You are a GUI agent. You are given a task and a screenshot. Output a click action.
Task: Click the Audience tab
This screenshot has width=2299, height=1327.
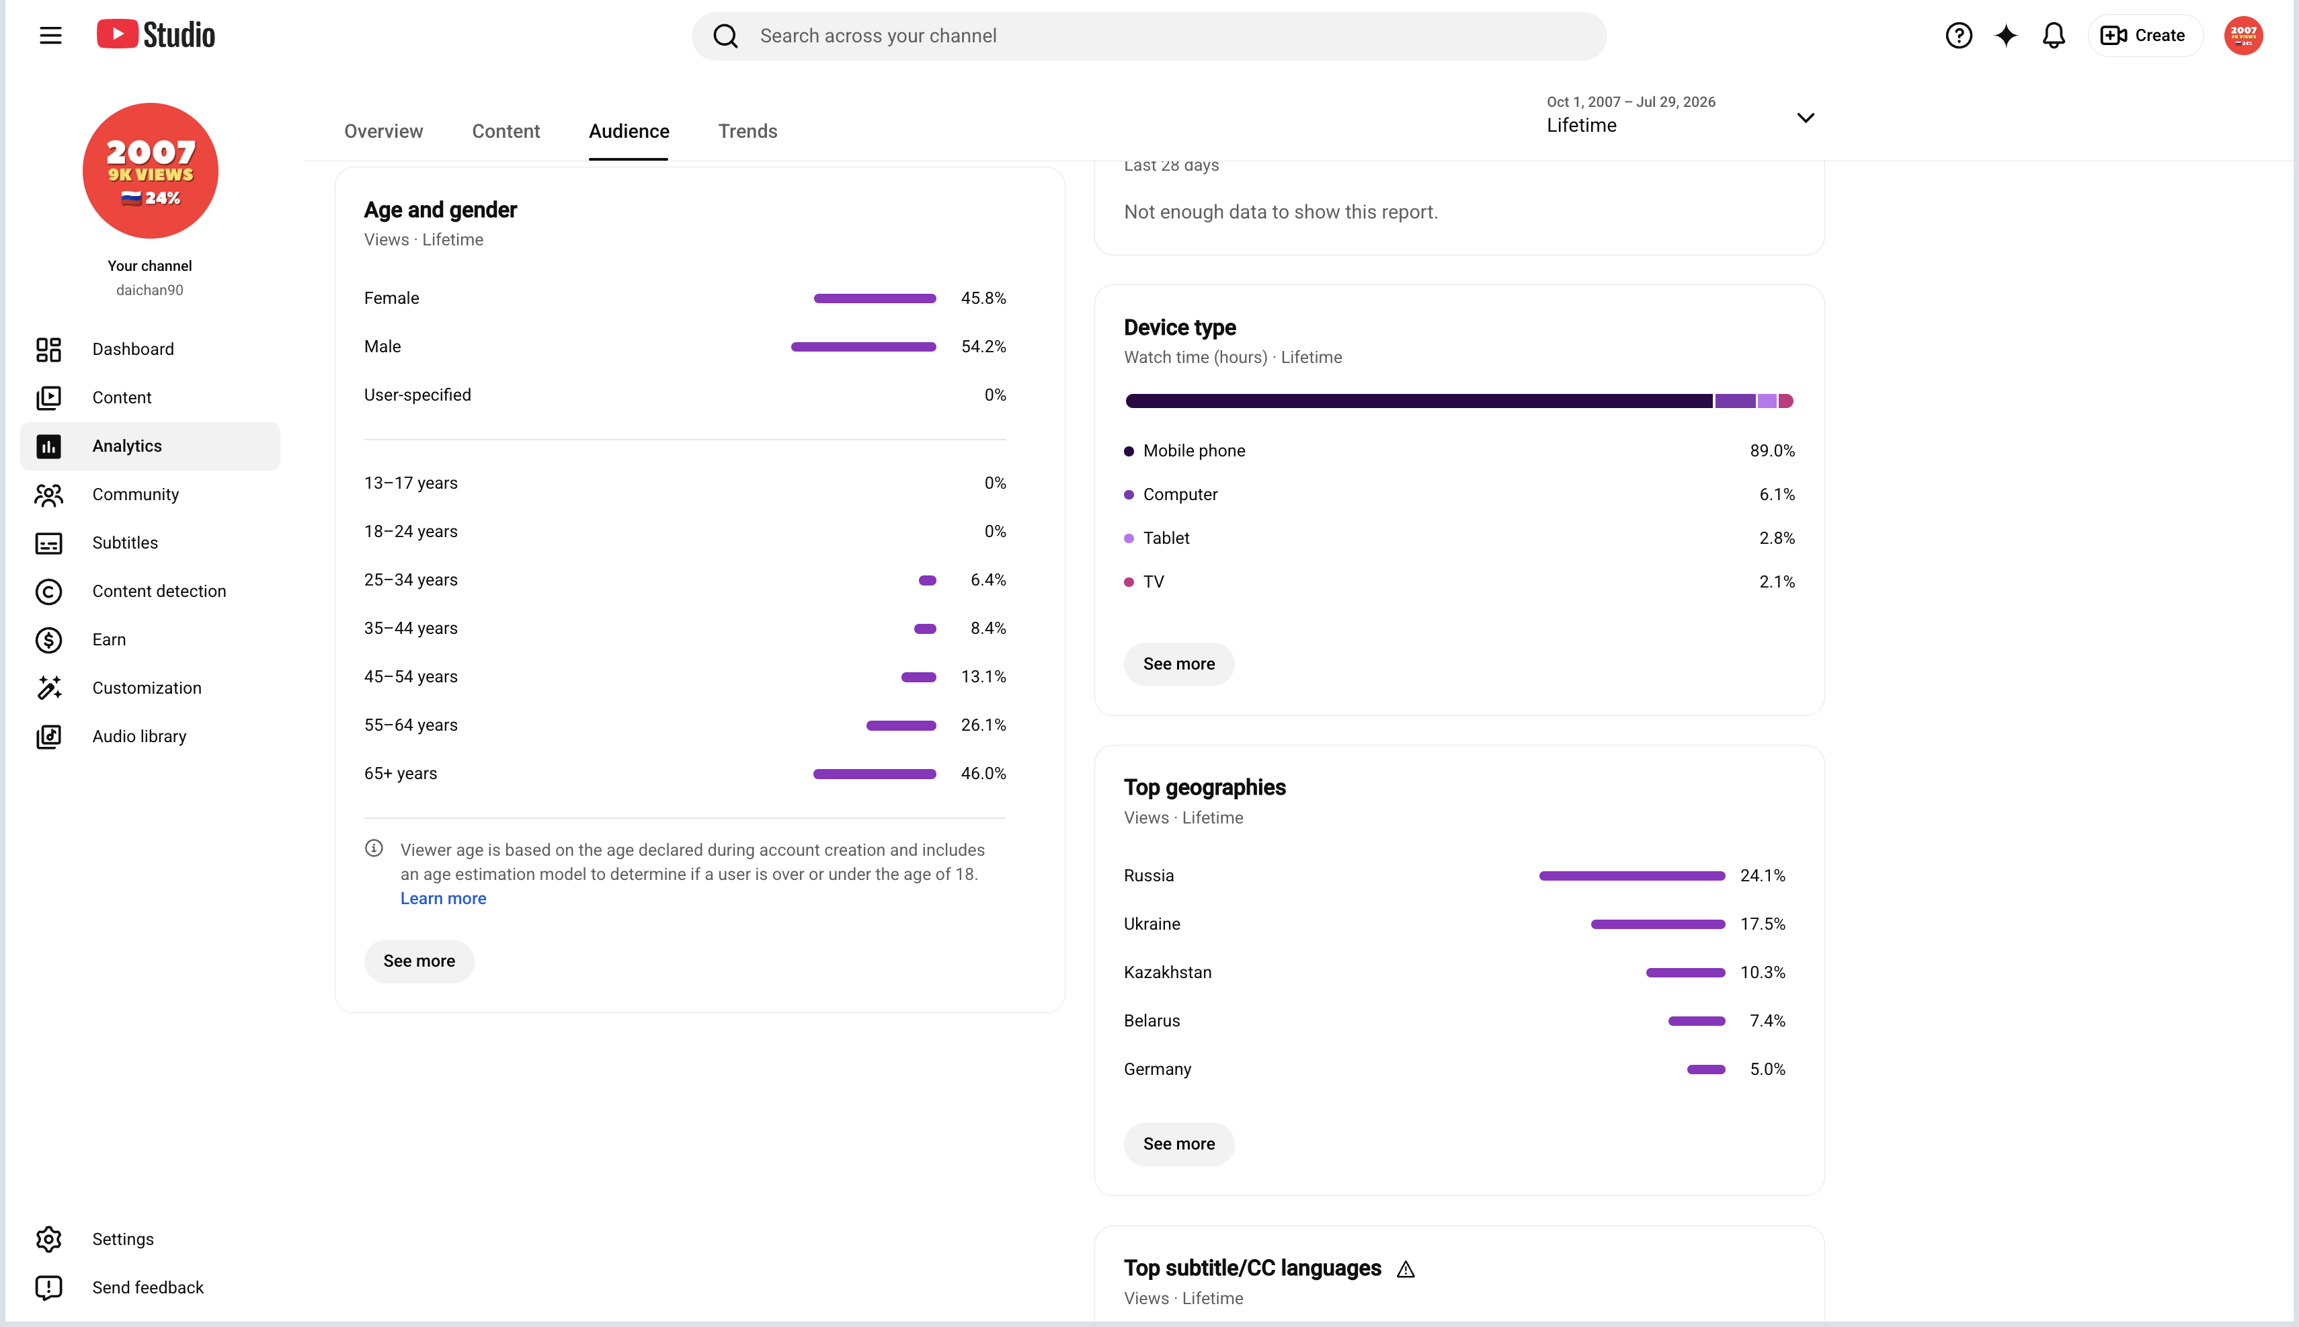point(629,131)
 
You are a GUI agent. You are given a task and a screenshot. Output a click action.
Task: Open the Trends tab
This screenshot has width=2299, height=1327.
point(748,131)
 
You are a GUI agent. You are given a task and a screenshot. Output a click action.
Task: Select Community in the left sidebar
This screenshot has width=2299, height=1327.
point(135,494)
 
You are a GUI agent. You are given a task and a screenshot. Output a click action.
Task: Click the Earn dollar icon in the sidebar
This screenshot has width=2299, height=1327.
point(49,640)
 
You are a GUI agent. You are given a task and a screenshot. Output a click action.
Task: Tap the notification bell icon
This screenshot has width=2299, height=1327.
point(2053,36)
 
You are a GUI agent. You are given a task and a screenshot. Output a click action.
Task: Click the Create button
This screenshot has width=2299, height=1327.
point(2144,36)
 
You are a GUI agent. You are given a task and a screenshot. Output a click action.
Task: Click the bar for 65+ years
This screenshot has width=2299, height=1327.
point(875,774)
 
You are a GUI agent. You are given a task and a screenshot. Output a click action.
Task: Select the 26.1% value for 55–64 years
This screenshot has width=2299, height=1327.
point(983,725)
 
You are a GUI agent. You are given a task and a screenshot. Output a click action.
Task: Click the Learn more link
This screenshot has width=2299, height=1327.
point(444,899)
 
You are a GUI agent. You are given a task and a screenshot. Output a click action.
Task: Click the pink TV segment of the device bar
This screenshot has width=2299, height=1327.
point(1786,401)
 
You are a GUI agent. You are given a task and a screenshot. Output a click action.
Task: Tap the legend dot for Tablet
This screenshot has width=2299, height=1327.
point(1129,538)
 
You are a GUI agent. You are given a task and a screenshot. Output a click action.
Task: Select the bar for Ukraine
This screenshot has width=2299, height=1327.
point(1658,924)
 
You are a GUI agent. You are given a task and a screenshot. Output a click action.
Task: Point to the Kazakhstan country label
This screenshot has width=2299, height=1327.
point(1167,973)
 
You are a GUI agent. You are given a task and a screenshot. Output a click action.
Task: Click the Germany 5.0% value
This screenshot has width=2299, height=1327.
point(1767,1069)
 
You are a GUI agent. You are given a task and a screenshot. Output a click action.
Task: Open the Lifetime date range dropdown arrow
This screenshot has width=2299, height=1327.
point(1805,118)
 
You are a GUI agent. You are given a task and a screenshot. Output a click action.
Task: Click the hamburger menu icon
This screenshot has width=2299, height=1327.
point(51,36)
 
